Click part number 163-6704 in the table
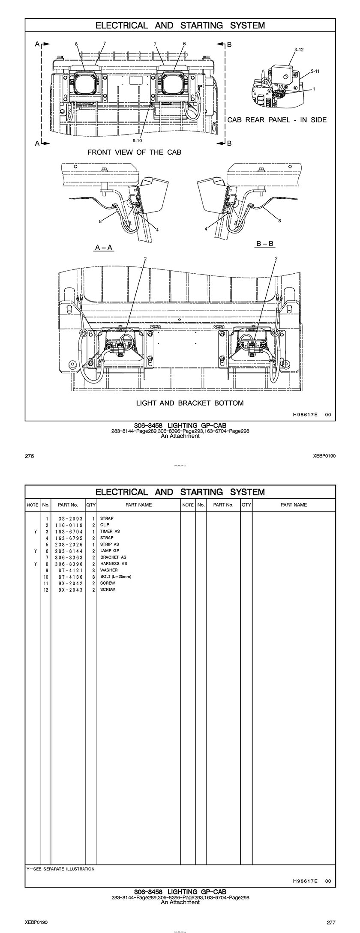pyautogui.click(x=69, y=531)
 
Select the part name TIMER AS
pyautogui.click(x=110, y=531)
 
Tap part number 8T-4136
pyautogui.click(x=69, y=577)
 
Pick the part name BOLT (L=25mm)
pyautogui.click(x=116, y=577)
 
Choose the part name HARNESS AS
pyautogui.click(x=114, y=564)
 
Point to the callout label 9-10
pyautogui.click(x=137, y=140)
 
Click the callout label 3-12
pyautogui.click(x=299, y=50)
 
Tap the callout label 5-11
pyautogui.click(x=315, y=71)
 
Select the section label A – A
pyautogui.click(x=104, y=248)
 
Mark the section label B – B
pyautogui.click(x=265, y=244)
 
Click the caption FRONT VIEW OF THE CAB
pyautogui.click(x=134, y=152)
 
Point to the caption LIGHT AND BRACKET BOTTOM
pyautogui.click(x=189, y=403)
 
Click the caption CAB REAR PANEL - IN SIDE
pyautogui.click(x=276, y=120)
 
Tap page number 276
pyautogui.click(x=30, y=456)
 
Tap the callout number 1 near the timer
pyautogui.click(x=314, y=89)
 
